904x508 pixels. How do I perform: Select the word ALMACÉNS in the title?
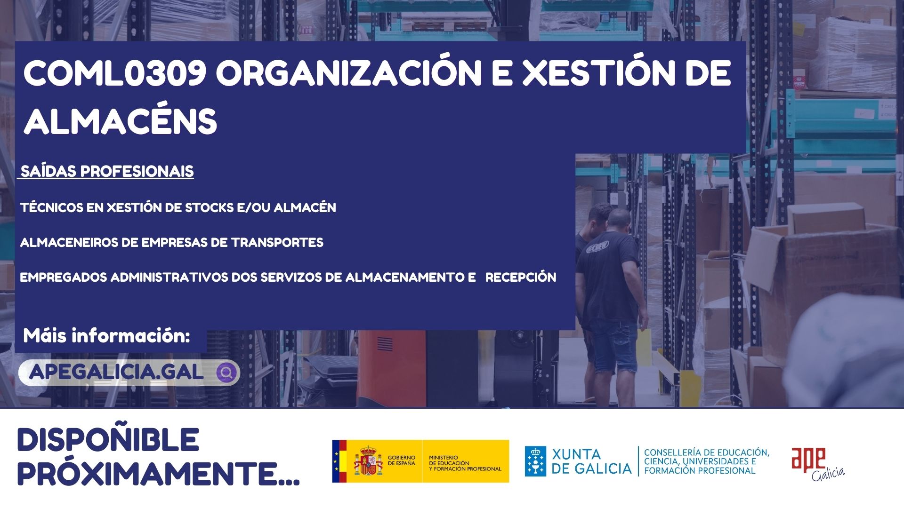pyautogui.click(x=121, y=121)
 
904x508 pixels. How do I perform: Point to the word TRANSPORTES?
pyautogui.click(x=277, y=243)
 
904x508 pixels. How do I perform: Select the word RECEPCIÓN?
pyautogui.click(x=521, y=278)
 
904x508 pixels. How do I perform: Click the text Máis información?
pyautogui.click(x=107, y=336)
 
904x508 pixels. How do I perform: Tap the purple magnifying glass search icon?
pyautogui.click(x=226, y=373)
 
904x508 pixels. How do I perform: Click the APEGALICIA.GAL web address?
pyautogui.click(x=116, y=372)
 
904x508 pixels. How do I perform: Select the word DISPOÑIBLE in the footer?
pyautogui.click(x=108, y=439)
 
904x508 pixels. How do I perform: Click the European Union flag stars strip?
pyautogui.click(x=336, y=461)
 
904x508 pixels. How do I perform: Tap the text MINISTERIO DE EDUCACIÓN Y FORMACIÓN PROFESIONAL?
pyautogui.click(x=465, y=463)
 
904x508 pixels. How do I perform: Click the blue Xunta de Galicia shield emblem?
pyautogui.click(x=536, y=461)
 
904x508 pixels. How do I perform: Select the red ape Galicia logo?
pyautogui.click(x=818, y=464)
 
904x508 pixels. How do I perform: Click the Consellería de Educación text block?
pyautogui.click(x=707, y=461)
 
